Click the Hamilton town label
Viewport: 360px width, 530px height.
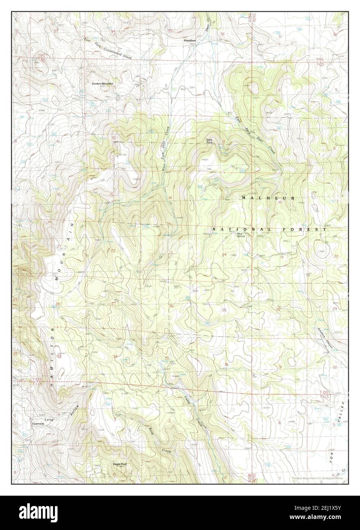coord(189,40)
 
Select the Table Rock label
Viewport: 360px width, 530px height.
coord(210,141)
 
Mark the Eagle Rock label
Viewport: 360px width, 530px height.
coord(120,464)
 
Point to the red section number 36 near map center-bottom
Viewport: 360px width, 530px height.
coord(227,365)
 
